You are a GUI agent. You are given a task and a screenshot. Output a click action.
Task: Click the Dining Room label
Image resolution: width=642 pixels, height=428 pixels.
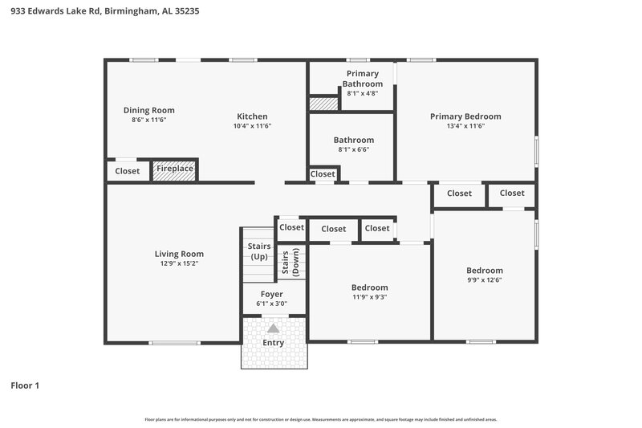point(148,110)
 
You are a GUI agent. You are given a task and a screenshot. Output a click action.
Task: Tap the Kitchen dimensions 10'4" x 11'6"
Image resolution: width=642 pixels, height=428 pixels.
point(252,126)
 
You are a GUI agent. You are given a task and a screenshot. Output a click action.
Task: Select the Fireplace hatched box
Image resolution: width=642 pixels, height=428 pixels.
point(175,169)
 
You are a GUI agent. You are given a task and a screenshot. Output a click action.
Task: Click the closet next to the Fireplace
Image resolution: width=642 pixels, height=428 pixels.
point(127,171)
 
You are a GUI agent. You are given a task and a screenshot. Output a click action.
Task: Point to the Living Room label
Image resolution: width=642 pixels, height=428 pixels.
point(179,254)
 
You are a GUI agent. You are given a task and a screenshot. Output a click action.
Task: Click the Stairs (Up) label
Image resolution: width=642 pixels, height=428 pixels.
point(258,251)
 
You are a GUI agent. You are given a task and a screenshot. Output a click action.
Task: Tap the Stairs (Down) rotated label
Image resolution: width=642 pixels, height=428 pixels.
point(290,263)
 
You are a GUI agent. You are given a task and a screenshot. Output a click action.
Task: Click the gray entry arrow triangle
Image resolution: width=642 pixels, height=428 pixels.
point(274,328)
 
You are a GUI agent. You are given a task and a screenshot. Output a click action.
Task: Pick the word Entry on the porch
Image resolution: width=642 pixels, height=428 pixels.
point(274,343)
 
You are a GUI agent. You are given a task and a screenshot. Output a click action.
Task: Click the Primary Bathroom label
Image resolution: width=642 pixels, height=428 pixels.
point(361,79)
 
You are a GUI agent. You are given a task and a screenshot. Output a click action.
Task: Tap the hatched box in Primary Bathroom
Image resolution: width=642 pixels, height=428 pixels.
point(323,104)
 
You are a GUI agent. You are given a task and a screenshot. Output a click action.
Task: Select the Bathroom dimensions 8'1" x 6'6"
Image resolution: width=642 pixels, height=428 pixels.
point(354,149)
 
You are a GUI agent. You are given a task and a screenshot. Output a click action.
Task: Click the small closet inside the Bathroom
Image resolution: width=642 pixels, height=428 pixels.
point(323,174)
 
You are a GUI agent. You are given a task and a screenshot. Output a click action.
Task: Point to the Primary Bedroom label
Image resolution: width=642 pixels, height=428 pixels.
point(465,116)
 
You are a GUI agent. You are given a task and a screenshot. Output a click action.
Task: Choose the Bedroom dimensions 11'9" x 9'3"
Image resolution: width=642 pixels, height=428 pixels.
point(369,297)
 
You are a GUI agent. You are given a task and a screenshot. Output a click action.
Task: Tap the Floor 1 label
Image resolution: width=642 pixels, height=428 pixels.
point(25,385)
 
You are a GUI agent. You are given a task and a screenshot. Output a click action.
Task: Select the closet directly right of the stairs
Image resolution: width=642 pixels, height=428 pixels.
point(291,227)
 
